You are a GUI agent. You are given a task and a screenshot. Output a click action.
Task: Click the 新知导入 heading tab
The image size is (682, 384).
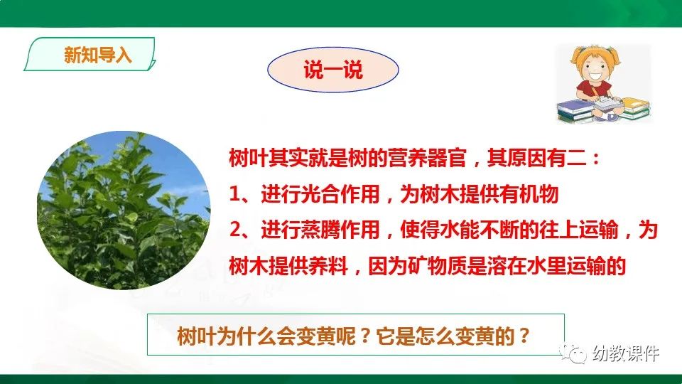pos(97,55)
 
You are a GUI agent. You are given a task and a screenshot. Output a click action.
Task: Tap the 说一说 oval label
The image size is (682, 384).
pos(332,70)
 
